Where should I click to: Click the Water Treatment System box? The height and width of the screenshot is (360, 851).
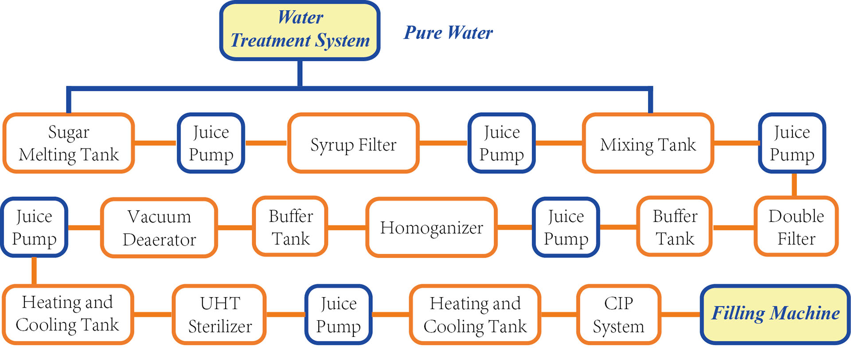click(300, 30)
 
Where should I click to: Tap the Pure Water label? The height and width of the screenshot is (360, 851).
click(448, 33)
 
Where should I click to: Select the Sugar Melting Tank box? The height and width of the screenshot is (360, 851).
click(69, 143)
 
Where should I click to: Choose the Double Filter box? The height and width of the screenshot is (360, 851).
click(796, 227)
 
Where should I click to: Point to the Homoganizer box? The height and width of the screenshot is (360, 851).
click(431, 227)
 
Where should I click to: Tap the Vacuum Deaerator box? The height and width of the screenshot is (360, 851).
click(159, 227)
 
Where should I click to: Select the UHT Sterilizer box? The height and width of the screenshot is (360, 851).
click(220, 314)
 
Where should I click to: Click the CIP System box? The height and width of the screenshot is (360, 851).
click(619, 314)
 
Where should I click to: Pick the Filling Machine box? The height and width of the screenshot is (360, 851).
click(775, 314)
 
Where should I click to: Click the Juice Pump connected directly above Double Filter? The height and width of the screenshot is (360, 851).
click(792, 143)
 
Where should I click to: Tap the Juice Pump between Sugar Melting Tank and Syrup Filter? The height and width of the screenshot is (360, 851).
click(211, 143)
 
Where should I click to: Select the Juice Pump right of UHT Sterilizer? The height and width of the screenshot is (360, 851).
click(339, 314)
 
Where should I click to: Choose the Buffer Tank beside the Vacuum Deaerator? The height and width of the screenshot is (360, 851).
click(291, 227)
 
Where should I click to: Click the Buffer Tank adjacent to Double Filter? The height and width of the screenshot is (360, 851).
click(675, 227)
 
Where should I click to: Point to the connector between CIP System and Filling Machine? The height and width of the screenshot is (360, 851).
click(681, 314)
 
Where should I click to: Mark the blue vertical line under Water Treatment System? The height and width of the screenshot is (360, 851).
click(300, 73)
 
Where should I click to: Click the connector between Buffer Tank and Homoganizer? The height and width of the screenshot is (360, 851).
click(347, 227)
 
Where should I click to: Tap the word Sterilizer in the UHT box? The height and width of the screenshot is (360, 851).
click(220, 326)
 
